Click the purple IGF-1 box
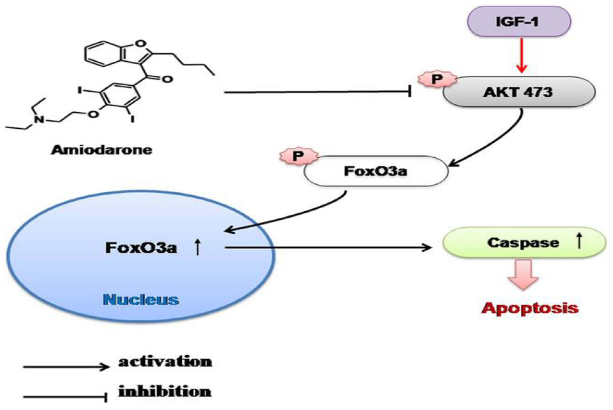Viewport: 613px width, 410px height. click(519, 21)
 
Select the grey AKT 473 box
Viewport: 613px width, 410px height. click(519, 92)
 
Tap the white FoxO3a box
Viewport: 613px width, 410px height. click(376, 171)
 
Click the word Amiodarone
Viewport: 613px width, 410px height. click(101, 150)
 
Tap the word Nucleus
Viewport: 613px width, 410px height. click(141, 300)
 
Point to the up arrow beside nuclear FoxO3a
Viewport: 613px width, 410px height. click(198, 247)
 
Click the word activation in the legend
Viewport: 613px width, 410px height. click(165, 362)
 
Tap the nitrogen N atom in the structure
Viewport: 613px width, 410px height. click(40, 120)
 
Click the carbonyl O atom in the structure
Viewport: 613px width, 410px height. click(168, 79)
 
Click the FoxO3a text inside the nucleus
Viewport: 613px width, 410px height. click(141, 248)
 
